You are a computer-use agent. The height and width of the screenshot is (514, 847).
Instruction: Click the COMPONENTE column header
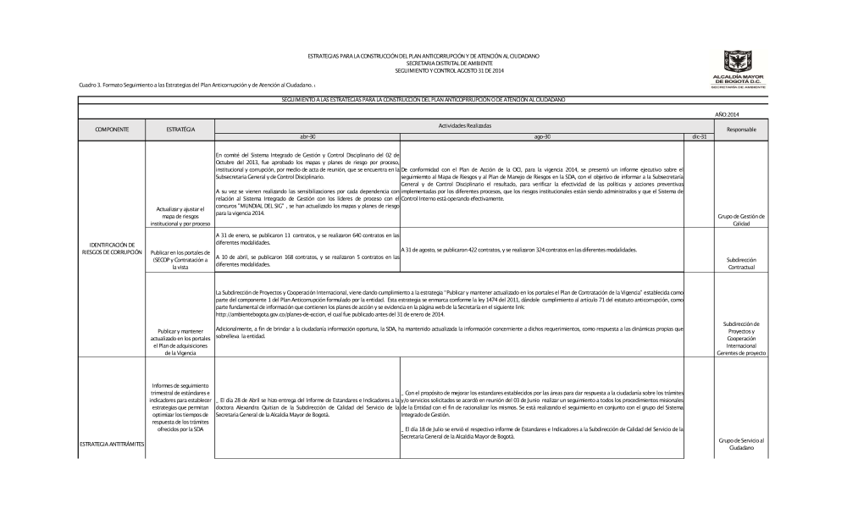[x=111, y=129]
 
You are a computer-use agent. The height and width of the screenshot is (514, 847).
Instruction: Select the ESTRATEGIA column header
[x=180, y=129]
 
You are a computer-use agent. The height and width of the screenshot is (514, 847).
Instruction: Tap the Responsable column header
[x=742, y=129]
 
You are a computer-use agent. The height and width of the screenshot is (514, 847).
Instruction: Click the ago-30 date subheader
[x=542, y=135]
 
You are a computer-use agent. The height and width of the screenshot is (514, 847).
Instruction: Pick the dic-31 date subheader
[x=699, y=135]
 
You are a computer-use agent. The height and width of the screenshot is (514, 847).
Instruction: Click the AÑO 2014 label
[x=728, y=113]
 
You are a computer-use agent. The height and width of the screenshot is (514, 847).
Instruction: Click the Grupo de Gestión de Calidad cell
[x=742, y=219]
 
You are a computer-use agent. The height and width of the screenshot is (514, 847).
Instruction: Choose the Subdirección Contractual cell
[x=742, y=263]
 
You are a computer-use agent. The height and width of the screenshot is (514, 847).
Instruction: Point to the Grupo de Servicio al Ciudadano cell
[x=742, y=444]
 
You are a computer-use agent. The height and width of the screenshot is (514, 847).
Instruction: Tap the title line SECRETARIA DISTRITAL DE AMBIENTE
[x=423, y=62]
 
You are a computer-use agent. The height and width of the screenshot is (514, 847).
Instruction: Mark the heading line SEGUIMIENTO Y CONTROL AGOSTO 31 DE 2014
[x=423, y=68]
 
